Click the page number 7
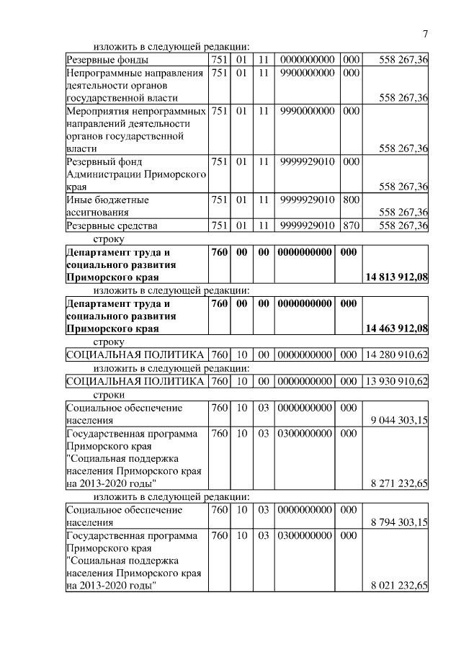425,34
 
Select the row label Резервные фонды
107,60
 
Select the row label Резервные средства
112,226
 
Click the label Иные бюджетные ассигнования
108,206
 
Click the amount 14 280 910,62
398,354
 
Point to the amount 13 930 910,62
398,380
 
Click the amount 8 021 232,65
399,587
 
